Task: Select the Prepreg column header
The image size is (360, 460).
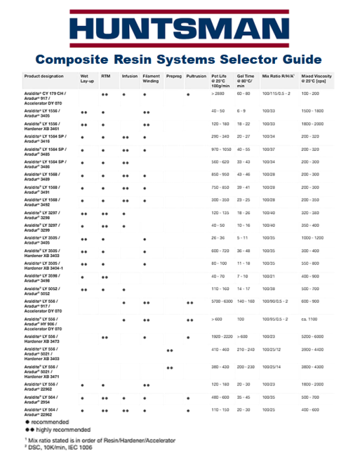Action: click(x=173, y=75)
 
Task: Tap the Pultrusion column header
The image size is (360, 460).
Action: click(x=196, y=75)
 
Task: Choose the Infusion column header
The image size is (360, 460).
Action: click(x=130, y=75)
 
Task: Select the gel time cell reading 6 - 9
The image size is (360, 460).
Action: click(x=241, y=111)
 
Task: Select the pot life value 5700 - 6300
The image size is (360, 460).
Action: click(x=222, y=302)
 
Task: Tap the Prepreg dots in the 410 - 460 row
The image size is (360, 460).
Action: click(x=169, y=350)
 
